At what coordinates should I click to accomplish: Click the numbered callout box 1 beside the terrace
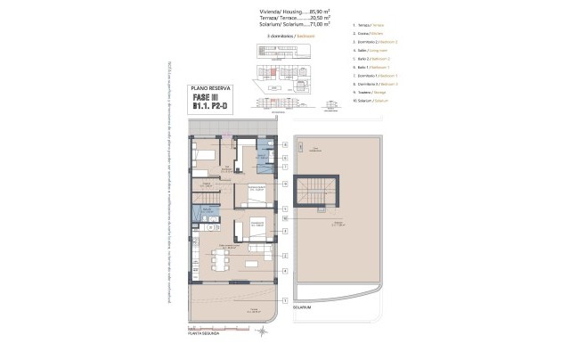(285, 299)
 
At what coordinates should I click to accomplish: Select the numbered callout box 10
(285, 217)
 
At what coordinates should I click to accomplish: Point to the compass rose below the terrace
(261, 331)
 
